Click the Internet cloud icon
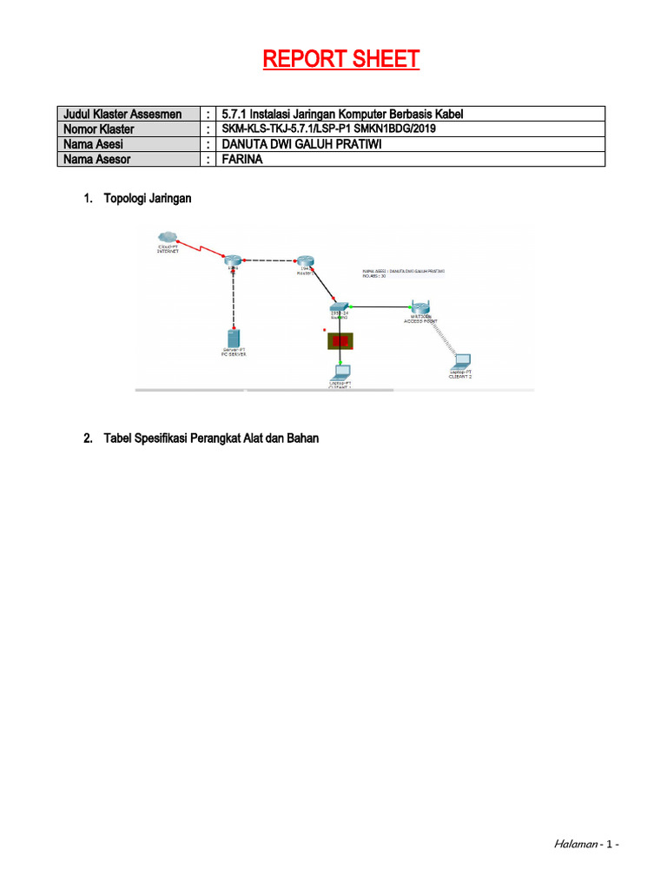pyautogui.click(x=167, y=237)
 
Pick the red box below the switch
pyautogui.click(x=340, y=341)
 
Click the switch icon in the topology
pyautogui.click(x=340, y=308)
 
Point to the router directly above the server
pyautogui.click(x=233, y=260)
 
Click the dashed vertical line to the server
pyautogui.click(x=233, y=295)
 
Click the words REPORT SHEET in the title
pyautogui.click(x=341, y=59)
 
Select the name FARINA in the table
pyautogui.click(x=242, y=159)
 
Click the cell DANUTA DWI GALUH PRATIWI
pyautogui.click(x=301, y=144)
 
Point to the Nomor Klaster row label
pyautogui.click(x=98, y=129)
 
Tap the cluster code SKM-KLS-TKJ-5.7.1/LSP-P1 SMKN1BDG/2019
pyautogui.click(x=328, y=129)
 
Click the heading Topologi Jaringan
pyautogui.click(x=147, y=199)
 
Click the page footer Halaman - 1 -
pyautogui.click(x=585, y=844)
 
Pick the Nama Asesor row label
pyautogui.click(x=98, y=159)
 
